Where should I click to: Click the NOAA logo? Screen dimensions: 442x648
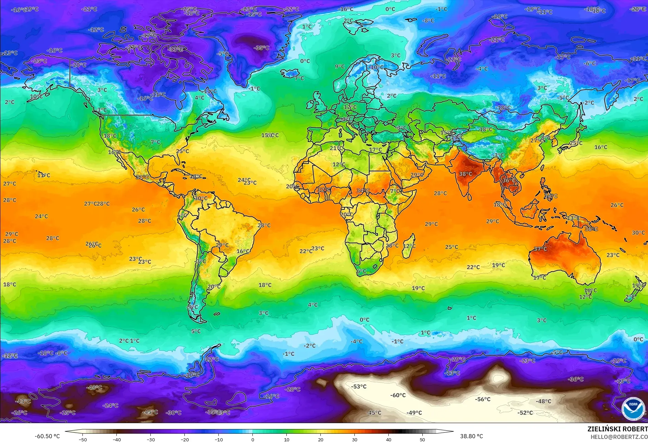(633, 409)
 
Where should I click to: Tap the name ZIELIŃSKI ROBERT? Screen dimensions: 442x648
(617, 429)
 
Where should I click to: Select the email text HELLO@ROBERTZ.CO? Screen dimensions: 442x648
(619, 437)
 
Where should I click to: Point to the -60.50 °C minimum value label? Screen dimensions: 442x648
(47, 436)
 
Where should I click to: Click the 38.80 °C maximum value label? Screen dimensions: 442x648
(471, 436)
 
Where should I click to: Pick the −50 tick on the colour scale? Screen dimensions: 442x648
(83, 439)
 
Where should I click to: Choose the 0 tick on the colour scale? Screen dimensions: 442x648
(253, 439)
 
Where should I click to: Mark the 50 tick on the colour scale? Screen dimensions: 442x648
(422, 439)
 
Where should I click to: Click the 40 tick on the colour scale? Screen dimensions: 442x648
(388, 439)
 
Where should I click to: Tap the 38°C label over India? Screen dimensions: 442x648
(466, 174)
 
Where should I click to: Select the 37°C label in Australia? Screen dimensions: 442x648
(540, 249)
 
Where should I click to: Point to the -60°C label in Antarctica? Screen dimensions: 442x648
(398, 395)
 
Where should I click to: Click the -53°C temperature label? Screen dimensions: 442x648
(359, 387)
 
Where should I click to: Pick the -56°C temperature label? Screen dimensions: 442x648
(483, 399)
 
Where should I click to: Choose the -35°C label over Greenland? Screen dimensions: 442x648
(262, 48)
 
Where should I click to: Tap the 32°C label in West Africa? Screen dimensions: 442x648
(324, 190)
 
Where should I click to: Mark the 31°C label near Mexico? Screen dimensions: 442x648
(143, 177)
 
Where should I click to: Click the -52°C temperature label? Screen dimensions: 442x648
(525, 413)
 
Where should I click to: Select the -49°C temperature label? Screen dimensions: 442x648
(414, 413)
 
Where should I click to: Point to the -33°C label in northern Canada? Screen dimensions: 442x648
(176, 49)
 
